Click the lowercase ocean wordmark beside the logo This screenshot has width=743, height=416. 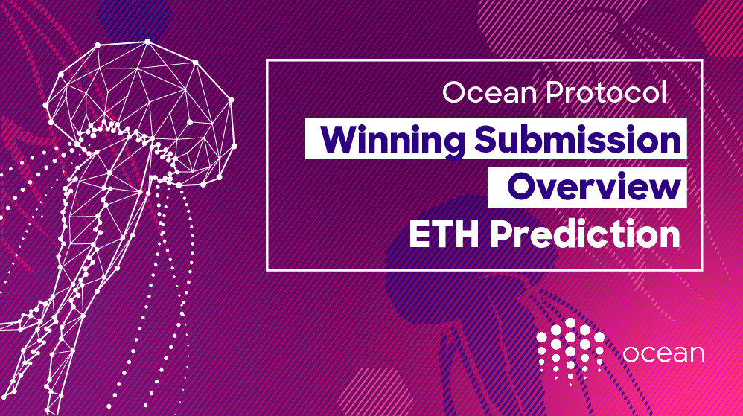(x=663, y=353)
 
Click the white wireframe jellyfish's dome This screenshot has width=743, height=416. (x=141, y=89)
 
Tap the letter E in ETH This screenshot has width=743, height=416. (x=421, y=234)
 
